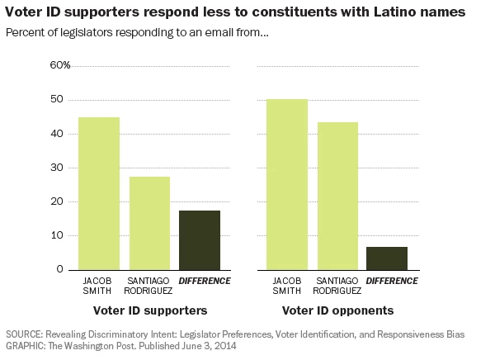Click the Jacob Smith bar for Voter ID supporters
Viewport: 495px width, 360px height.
[99, 193]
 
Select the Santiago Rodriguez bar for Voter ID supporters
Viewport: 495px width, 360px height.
[149, 223]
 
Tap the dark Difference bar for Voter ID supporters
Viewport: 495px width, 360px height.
[200, 239]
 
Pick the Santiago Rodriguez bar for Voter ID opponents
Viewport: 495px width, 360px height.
[337, 196]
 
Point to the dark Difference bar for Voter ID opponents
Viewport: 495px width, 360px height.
[387, 258]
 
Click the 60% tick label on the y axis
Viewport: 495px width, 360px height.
[61, 65]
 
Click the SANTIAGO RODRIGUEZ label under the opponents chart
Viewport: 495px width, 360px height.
[337, 286]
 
